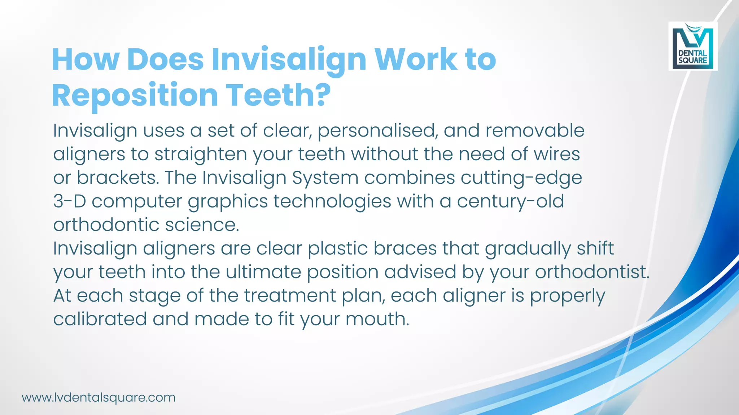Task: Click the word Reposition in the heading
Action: (x=135, y=95)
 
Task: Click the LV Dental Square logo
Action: (x=693, y=46)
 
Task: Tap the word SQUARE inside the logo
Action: (x=692, y=61)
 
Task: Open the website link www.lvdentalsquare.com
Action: (x=99, y=397)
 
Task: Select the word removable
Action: (x=535, y=130)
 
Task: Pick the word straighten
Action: (x=201, y=155)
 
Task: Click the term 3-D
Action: (x=69, y=201)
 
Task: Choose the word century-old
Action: (x=510, y=201)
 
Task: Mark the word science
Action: (x=202, y=225)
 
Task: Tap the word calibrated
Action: (x=100, y=319)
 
